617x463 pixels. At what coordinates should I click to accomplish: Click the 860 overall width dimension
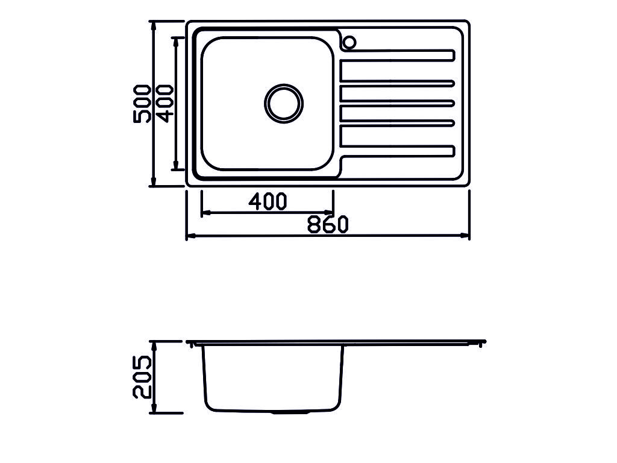click(328, 225)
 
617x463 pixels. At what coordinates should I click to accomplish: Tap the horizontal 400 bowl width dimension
click(268, 201)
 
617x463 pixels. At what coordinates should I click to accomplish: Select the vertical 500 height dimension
click(142, 104)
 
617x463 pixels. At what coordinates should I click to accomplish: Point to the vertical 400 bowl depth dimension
click(164, 103)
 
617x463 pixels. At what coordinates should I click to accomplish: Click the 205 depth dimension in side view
click(142, 377)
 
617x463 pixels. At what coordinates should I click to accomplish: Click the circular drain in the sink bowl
click(284, 103)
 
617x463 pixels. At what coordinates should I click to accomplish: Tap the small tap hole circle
click(349, 42)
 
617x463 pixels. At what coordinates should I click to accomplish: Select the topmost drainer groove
click(398, 55)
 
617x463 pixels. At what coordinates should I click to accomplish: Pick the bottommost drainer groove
click(398, 151)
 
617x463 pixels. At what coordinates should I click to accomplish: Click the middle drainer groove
click(398, 103)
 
